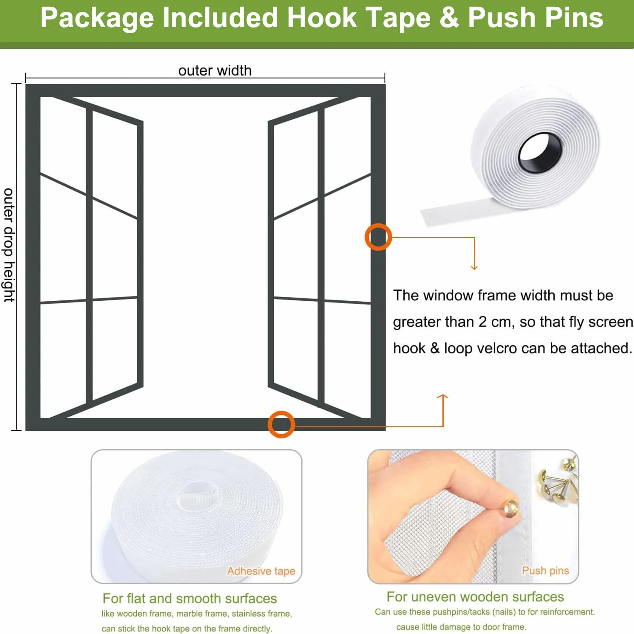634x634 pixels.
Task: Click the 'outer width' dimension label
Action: click(215, 70)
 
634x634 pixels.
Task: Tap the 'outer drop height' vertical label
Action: click(9, 245)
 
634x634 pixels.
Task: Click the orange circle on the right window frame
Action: click(378, 237)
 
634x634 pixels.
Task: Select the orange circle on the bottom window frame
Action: click(281, 424)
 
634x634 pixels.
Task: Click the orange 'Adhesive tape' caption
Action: click(261, 571)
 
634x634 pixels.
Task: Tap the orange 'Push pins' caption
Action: click(545, 571)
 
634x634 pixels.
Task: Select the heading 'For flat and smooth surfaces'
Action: click(190, 598)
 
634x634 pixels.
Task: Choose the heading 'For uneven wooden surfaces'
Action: click(475, 596)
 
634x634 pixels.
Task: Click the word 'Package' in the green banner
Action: click(97, 18)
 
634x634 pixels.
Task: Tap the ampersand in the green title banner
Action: click(449, 18)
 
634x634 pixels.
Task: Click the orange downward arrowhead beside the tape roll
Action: click(474, 267)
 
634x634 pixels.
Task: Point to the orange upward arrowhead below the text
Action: click(443, 397)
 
